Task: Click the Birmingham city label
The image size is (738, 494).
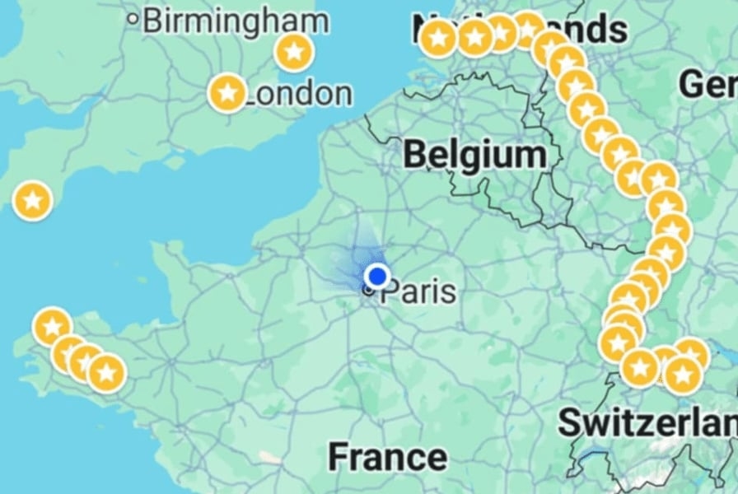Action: pyautogui.click(x=236, y=21)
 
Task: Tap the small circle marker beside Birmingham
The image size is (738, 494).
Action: pyautogui.click(x=133, y=18)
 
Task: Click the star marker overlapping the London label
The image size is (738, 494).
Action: pyautogui.click(x=227, y=93)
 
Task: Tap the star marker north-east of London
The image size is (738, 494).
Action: pyautogui.click(x=294, y=52)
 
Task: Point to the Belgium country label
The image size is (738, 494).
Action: pyautogui.click(x=475, y=154)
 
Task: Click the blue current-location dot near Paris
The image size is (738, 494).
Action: pyautogui.click(x=377, y=277)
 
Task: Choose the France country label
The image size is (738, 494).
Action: pyautogui.click(x=387, y=456)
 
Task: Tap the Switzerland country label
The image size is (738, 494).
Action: pyautogui.click(x=647, y=422)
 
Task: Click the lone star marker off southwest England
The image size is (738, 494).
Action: pyautogui.click(x=33, y=200)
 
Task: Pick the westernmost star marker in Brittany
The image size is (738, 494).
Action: pyautogui.click(x=52, y=327)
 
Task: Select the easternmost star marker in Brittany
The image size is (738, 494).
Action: pyautogui.click(x=106, y=373)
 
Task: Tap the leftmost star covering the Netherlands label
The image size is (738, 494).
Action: pyautogui.click(x=438, y=37)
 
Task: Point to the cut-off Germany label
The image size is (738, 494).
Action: pyautogui.click(x=708, y=83)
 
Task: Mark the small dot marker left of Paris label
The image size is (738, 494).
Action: pyautogui.click(x=368, y=290)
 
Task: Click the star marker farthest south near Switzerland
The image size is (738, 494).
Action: pyautogui.click(x=682, y=375)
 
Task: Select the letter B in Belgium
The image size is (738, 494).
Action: pyautogui.click(x=416, y=154)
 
